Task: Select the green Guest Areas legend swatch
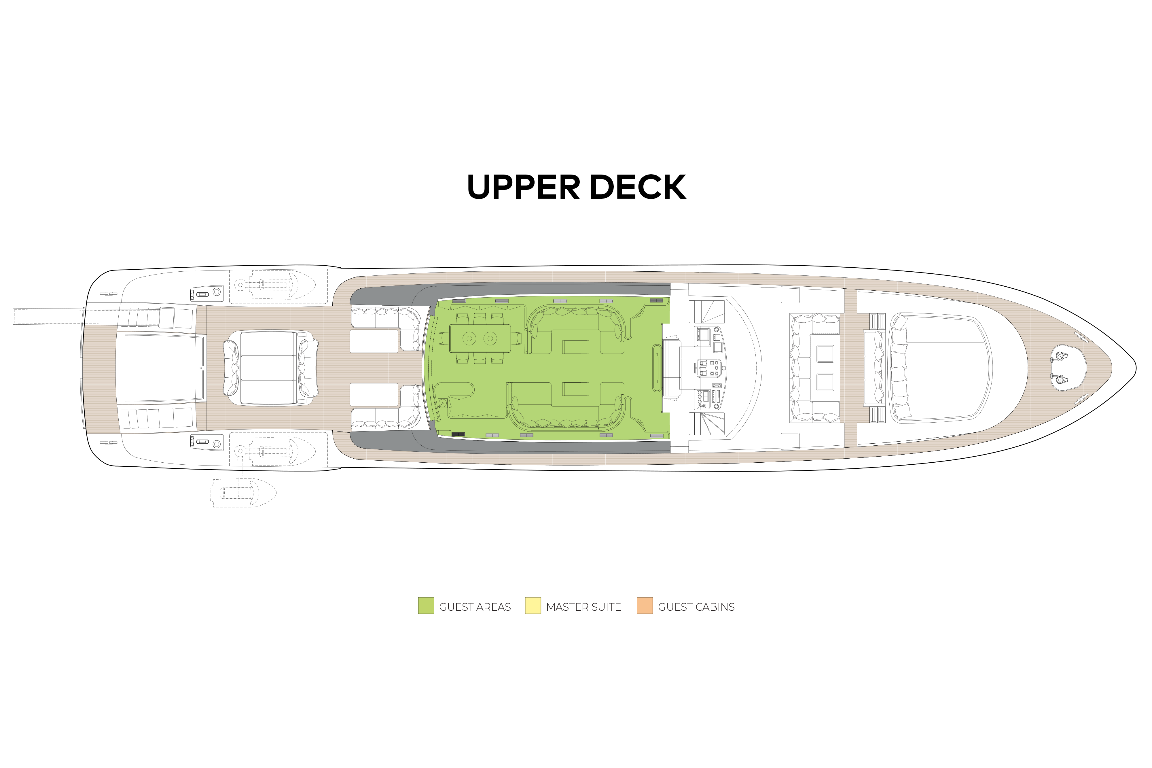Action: [425, 606]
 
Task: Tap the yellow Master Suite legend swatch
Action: [533, 606]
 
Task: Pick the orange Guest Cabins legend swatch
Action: [644, 606]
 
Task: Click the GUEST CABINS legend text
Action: [696, 607]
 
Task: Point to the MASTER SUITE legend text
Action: [583, 607]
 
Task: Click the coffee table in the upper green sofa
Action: [575, 347]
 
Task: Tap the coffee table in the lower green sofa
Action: [575, 389]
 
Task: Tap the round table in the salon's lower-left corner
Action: [443, 403]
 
